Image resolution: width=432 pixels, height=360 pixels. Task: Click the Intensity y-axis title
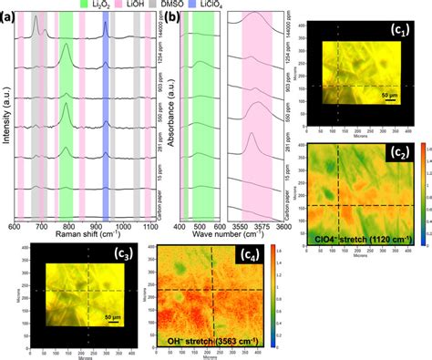click(x=7, y=128)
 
